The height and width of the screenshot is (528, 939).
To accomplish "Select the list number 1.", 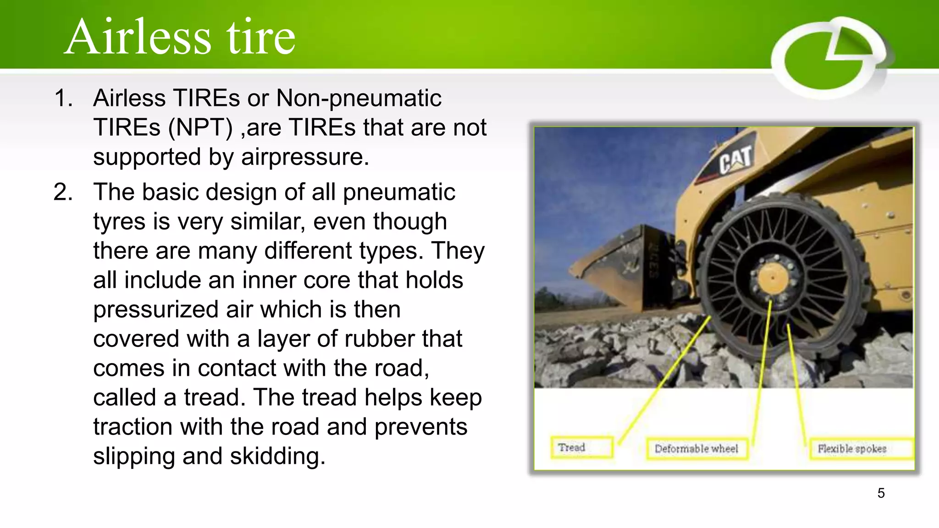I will coord(63,98).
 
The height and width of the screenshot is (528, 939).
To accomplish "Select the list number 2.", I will coord(63,192).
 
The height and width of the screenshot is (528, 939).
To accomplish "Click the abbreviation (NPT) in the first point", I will coord(201,127).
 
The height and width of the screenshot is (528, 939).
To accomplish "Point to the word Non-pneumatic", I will coord(359,98).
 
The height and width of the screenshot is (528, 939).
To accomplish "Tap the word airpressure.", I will coord(305,157).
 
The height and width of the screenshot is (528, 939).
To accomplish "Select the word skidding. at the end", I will coord(277,456).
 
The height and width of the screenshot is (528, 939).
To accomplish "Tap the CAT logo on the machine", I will coord(735,160).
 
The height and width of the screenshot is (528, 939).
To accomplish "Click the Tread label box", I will coord(581,447).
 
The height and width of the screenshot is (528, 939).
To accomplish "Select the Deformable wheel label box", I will coord(696,449).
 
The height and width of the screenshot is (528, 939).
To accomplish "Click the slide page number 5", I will coord(881,493).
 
